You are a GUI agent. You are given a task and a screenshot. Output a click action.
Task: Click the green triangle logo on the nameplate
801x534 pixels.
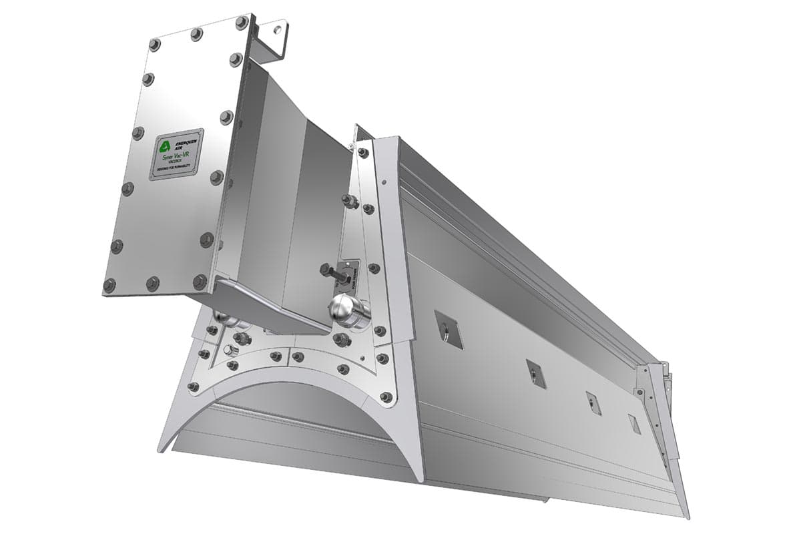[164, 146]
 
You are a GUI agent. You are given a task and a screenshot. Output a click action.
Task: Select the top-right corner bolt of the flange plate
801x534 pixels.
[241, 23]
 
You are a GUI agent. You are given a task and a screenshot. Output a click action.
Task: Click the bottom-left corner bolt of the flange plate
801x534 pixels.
[109, 286]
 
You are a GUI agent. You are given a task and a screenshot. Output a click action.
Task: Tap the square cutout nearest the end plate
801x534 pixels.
[449, 329]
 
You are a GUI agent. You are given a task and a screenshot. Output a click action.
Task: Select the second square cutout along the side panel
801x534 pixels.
[535, 374]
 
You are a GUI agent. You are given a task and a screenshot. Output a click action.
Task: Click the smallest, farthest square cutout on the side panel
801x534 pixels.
[634, 423]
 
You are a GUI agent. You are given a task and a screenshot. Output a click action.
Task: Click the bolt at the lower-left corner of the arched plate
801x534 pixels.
[193, 386]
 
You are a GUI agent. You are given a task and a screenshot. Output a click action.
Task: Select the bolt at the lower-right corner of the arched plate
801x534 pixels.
[385, 397]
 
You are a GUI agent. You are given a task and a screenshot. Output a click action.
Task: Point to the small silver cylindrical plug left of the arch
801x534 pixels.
[231, 350]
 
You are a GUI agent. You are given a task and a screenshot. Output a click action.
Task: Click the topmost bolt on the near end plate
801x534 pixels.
[362, 153]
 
